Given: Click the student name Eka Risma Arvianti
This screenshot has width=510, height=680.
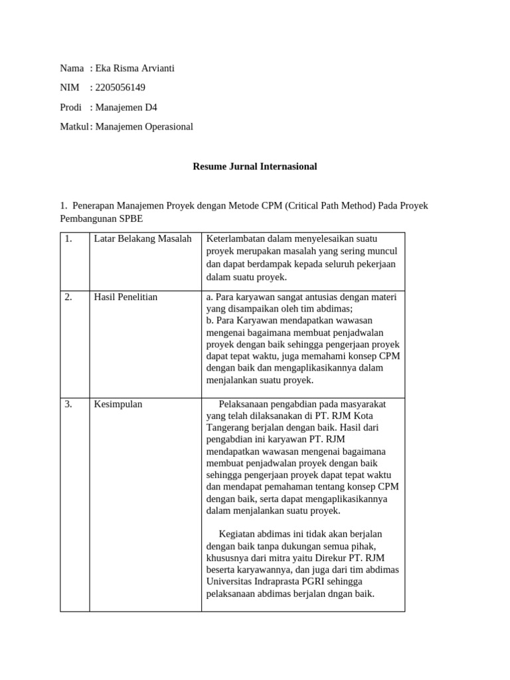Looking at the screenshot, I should (x=135, y=68).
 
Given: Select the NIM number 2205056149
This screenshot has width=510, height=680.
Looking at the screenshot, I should (x=120, y=88).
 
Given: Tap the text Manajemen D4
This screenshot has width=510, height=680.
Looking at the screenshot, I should (x=126, y=107).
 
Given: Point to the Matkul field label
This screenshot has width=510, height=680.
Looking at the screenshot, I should (x=74, y=126).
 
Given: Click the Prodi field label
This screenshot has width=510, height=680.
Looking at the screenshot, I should (x=70, y=107).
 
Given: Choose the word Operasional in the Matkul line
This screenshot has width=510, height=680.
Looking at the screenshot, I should (x=169, y=126).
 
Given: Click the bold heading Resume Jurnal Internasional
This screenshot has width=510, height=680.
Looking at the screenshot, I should (x=255, y=166).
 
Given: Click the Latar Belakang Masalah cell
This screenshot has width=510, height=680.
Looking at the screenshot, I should (x=143, y=239).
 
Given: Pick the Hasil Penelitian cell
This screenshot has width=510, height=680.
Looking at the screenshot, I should (x=126, y=297).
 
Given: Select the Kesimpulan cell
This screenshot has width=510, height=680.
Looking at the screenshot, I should (x=118, y=404).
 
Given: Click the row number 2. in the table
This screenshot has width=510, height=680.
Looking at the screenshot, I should (x=68, y=297).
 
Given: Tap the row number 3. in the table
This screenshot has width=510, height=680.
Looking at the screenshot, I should (x=68, y=404).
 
